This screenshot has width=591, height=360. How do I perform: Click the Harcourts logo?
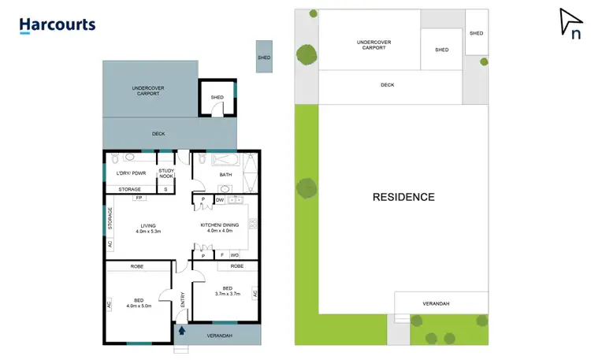point(58,25)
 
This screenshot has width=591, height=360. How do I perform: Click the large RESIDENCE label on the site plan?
point(403,197)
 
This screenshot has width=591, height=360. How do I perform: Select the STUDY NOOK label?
point(166,173)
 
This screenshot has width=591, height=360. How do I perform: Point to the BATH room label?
point(225,173)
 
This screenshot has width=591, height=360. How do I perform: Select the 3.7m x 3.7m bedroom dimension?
point(227,294)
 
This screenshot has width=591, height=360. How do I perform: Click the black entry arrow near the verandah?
point(184,331)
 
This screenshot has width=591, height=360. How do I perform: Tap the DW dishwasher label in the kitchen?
point(220,200)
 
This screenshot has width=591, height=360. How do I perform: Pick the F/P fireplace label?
point(139,199)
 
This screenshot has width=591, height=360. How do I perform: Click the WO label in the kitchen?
point(235,255)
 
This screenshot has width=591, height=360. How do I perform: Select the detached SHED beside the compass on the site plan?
point(476,34)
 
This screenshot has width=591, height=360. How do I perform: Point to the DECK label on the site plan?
point(387,85)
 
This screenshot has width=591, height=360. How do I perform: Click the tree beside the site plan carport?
point(307,54)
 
